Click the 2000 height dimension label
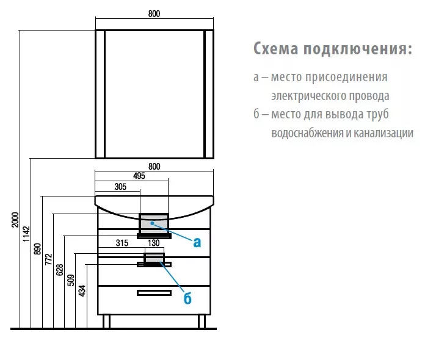click(15, 220)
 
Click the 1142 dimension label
click(26, 234)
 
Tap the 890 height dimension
click(37, 249)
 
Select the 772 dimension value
click(48, 259)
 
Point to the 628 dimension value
click(60, 270)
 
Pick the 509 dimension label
click(71, 280)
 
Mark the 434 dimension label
click(82, 290)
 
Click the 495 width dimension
click(139, 176)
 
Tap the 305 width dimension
click(120, 187)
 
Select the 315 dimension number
click(122, 243)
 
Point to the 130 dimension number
click(154, 243)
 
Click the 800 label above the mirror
click(154, 13)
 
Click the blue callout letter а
click(197, 242)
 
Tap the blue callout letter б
click(187, 298)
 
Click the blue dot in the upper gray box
click(153, 223)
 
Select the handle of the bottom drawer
click(154, 293)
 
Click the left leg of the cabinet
click(106, 322)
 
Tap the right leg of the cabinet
click(202, 322)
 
